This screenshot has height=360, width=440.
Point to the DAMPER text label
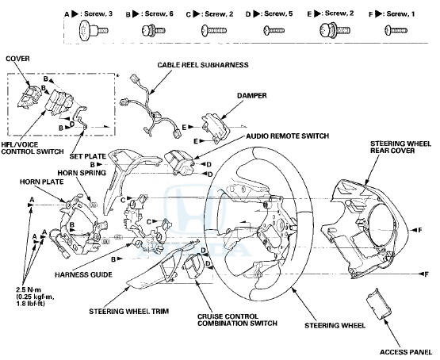[227, 93]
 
